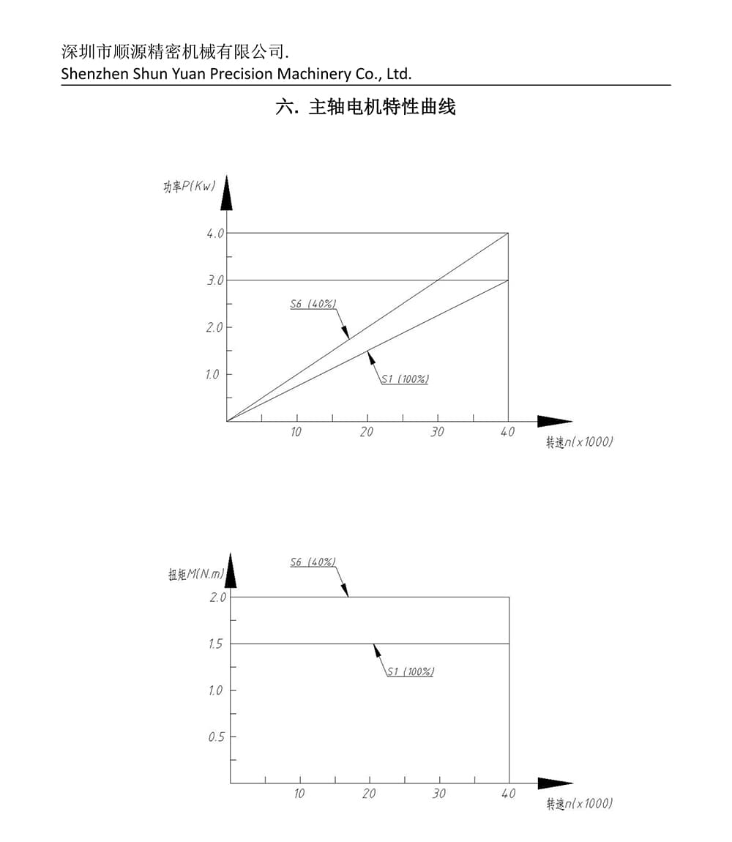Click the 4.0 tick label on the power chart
click(214, 234)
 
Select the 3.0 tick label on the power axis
click(214, 280)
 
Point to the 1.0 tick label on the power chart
click(212, 374)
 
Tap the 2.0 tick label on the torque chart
click(217, 597)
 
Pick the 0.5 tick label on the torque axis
click(216, 737)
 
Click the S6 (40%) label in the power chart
click(313, 304)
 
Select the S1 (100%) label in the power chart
click(405, 379)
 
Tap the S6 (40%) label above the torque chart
click(313, 562)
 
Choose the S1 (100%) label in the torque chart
click(410, 671)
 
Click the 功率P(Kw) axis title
click(189, 187)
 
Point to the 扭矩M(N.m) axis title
click(195, 575)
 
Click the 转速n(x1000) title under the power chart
click(578, 442)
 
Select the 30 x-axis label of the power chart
click(437, 432)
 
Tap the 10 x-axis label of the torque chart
click(299, 794)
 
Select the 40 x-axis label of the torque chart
click(508, 794)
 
